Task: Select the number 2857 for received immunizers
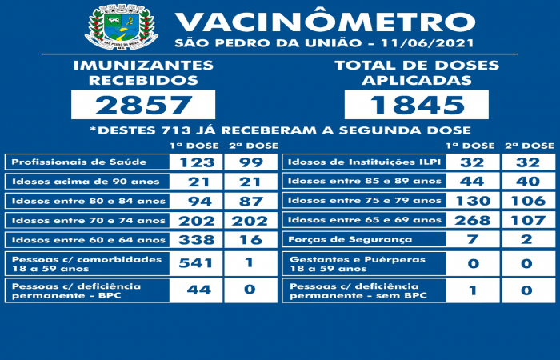(x=143, y=105)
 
